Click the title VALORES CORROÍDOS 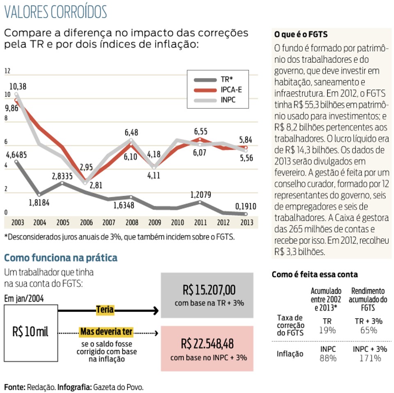coord(55,12)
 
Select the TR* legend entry coord(213,79)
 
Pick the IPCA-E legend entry coord(218,90)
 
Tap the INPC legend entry coord(215,100)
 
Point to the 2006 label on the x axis coord(86,223)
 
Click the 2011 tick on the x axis coord(201,223)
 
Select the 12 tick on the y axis coord(7,71)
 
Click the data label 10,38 coord(18,87)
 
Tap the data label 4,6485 coord(16,155)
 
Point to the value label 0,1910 coord(245,207)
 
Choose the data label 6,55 coord(201,131)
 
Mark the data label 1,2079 coord(201,195)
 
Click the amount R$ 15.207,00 coord(209,290)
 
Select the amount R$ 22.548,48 coord(207,344)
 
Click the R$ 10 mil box coord(31,333)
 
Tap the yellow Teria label coord(105,310)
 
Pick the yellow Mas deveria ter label coord(106,332)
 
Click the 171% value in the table coord(370,358)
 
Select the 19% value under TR coord(327,330)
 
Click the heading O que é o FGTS coord(301,34)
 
